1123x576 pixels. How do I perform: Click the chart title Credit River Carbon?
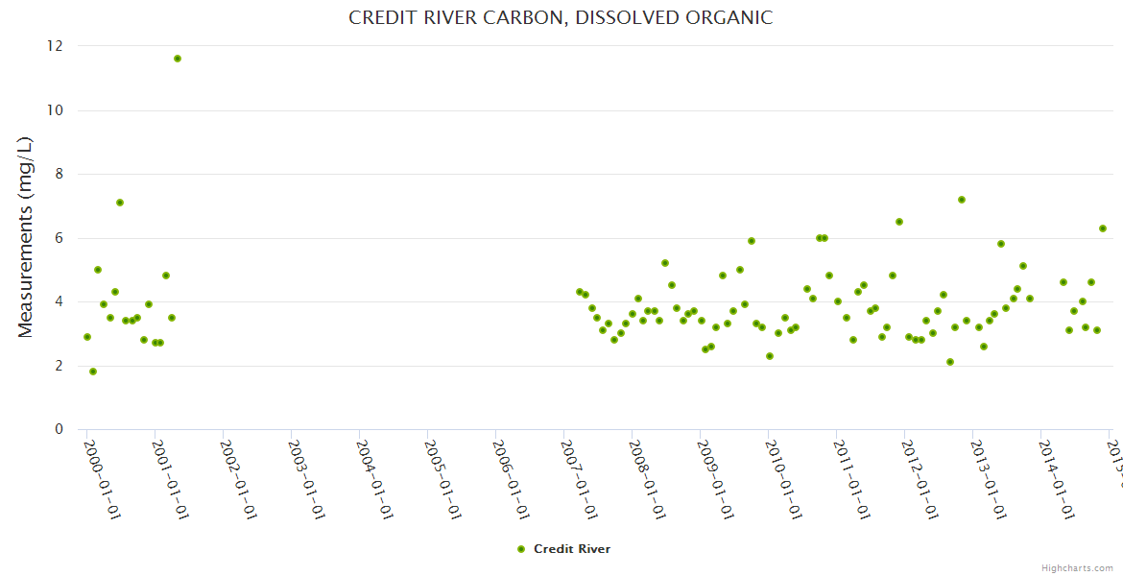coord(561,18)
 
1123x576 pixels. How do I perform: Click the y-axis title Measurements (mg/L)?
coord(26,237)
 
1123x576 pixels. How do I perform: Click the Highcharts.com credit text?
coord(1078,568)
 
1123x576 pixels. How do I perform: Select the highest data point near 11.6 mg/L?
coord(178,59)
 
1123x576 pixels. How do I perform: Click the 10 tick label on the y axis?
coord(55,110)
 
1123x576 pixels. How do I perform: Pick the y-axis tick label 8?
coord(59,174)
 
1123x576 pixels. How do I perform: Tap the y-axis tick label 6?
coord(59,238)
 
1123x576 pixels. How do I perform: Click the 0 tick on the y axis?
coord(59,429)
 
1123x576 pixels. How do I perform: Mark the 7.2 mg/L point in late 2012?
coord(962,200)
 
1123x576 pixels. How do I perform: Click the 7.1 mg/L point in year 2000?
coord(120,203)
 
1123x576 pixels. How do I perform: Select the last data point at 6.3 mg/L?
coord(1103,228)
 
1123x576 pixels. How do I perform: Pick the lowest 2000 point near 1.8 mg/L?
coord(93,372)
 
